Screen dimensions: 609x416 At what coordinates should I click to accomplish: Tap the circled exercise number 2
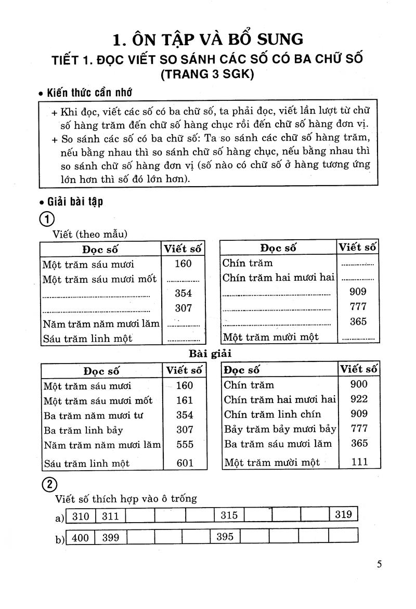click(x=47, y=484)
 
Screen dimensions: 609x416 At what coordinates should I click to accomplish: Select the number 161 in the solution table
click(x=184, y=400)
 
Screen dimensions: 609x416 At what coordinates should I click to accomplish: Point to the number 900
click(x=359, y=384)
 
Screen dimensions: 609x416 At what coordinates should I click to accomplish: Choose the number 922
click(x=359, y=399)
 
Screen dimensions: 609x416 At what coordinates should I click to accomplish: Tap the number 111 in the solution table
click(x=359, y=461)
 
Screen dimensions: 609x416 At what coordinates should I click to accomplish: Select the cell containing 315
click(x=229, y=515)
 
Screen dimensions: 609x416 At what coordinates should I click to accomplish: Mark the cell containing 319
click(x=344, y=514)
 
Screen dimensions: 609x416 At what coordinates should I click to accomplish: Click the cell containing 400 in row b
click(x=81, y=538)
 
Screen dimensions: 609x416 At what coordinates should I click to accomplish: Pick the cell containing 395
click(x=225, y=537)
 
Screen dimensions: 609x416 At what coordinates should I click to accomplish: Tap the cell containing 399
click(x=110, y=538)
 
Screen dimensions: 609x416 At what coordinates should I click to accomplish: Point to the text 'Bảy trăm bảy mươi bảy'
click(x=280, y=429)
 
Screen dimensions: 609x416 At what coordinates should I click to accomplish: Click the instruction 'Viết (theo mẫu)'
click(x=90, y=234)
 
